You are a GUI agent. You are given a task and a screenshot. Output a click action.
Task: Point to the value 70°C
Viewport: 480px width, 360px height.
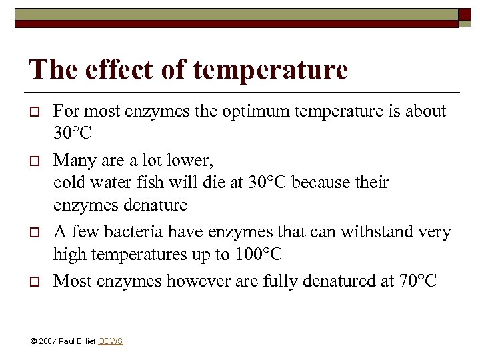tap(418, 281)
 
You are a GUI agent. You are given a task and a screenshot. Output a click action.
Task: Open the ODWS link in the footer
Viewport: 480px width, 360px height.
tap(110, 341)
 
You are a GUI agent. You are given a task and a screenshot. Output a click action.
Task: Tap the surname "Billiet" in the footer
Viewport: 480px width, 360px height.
tap(85, 341)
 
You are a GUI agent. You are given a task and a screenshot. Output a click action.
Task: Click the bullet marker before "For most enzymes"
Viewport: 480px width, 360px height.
tap(34, 112)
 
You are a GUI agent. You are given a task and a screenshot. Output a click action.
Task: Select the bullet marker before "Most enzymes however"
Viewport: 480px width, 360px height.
tap(34, 282)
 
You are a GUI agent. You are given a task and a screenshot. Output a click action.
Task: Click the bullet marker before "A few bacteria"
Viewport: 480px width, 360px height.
tap(34, 233)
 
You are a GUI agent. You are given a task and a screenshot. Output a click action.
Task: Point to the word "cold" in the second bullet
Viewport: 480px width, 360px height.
tap(67, 183)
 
